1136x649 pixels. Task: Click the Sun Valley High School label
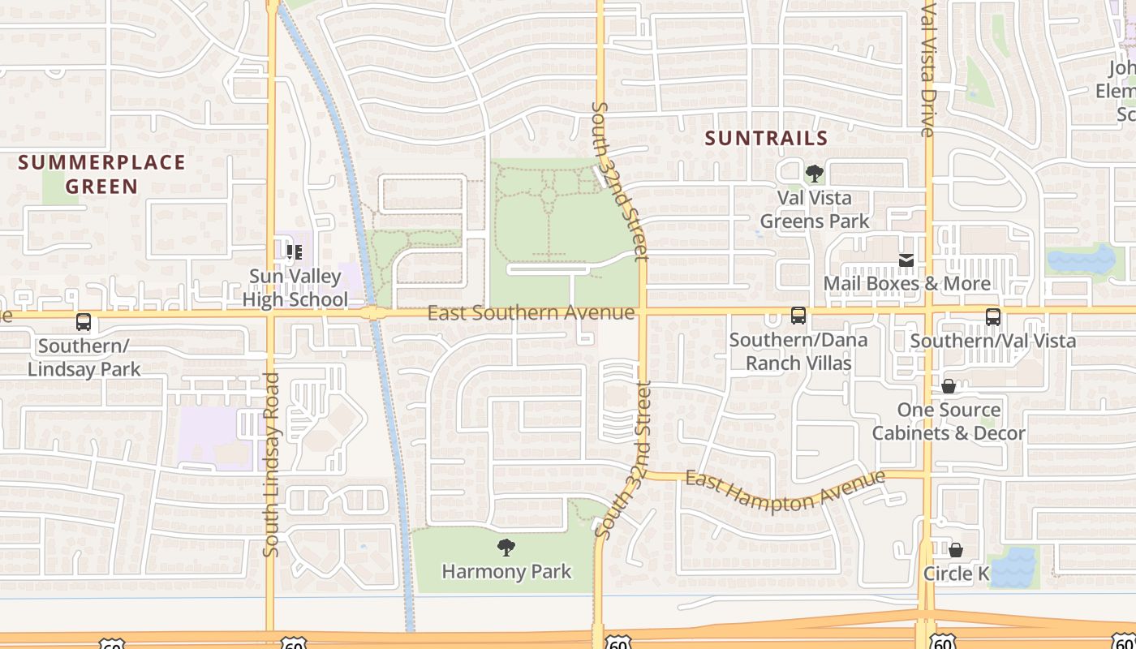(x=295, y=288)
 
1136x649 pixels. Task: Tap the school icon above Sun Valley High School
(x=294, y=252)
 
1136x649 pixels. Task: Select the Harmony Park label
(x=506, y=571)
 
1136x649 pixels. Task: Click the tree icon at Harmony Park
(x=506, y=548)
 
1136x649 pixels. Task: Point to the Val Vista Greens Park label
(x=814, y=209)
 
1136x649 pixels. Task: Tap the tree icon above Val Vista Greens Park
(x=814, y=174)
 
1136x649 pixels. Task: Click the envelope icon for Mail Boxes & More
(x=906, y=260)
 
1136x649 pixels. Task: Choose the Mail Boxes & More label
(x=906, y=283)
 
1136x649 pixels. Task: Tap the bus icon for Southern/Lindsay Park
(x=84, y=322)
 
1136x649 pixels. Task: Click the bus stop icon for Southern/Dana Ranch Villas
(x=798, y=316)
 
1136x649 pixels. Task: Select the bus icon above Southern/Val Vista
(x=992, y=317)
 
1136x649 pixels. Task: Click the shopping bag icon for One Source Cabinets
(x=948, y=386)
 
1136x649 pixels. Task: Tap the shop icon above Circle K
(x=956, y=551)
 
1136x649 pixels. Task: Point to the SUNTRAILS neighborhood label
(x=766, y=139)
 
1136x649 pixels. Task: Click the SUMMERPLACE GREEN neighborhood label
(x=102, y=174)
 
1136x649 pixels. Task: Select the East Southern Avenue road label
(x=531, y=312)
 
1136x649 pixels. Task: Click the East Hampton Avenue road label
(x=785, y=491)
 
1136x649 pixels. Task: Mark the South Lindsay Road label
(x=271, y=464)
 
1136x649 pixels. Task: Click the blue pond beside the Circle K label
(x=1013, y=568)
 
